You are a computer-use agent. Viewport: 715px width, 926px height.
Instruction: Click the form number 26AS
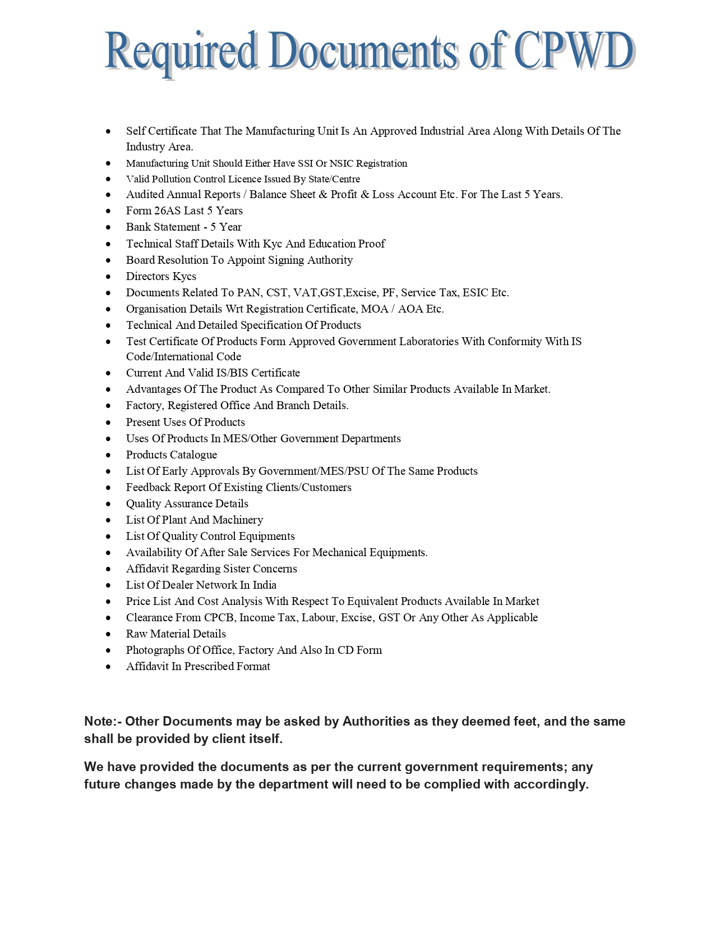167,211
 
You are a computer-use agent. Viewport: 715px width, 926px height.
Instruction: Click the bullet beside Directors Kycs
108,277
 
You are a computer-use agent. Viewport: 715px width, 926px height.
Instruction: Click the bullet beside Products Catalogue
108,455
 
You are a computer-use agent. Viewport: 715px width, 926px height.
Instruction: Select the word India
264,585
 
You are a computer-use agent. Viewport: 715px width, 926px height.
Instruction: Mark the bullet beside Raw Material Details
108,634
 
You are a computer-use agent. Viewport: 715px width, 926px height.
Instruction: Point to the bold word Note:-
103,722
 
